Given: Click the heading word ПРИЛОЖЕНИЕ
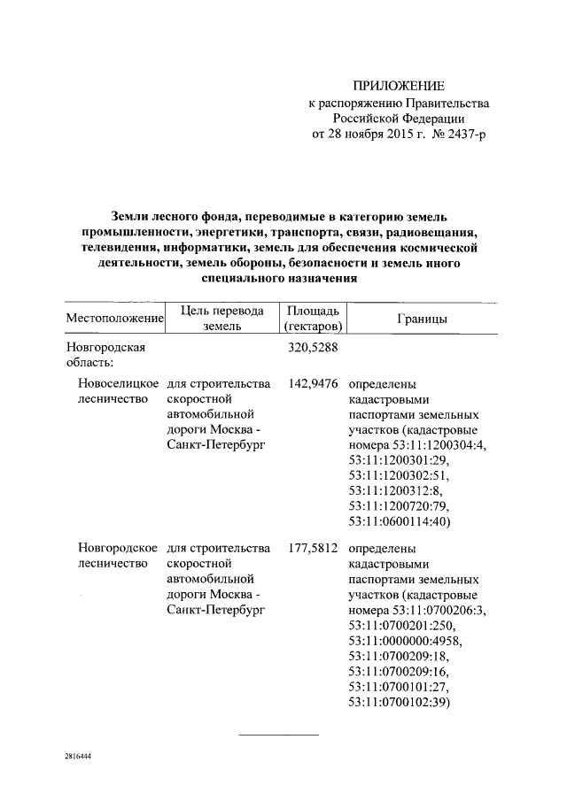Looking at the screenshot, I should [398, 86].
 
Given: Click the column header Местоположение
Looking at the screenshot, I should [115, 318].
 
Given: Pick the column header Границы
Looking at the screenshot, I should [422, 318].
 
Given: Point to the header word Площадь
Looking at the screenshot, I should [312, 311].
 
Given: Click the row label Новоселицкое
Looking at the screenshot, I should [118, 385].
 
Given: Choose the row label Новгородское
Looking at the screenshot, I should [118, 550].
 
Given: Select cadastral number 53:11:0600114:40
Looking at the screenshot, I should [401, 522].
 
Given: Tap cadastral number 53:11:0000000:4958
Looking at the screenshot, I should [405, 640].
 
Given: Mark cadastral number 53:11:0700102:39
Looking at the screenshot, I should [401, 703].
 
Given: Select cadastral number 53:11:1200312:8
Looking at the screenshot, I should [398, 490].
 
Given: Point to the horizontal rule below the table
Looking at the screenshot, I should [280, 735].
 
